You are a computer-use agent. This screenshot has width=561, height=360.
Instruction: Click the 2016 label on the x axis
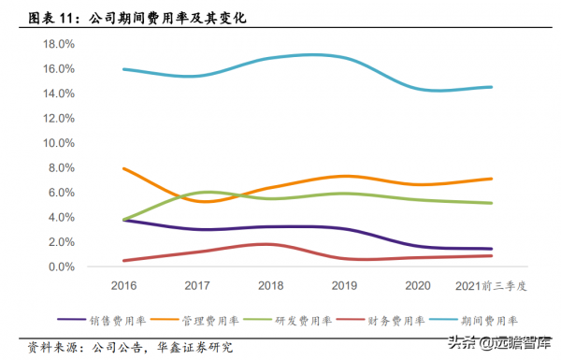pos(123,284)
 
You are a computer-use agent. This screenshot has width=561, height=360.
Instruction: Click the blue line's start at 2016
pos(123,69)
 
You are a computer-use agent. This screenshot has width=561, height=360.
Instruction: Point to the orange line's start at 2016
pos(123,168)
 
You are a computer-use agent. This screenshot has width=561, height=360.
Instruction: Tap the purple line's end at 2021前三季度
pos(493,249)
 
